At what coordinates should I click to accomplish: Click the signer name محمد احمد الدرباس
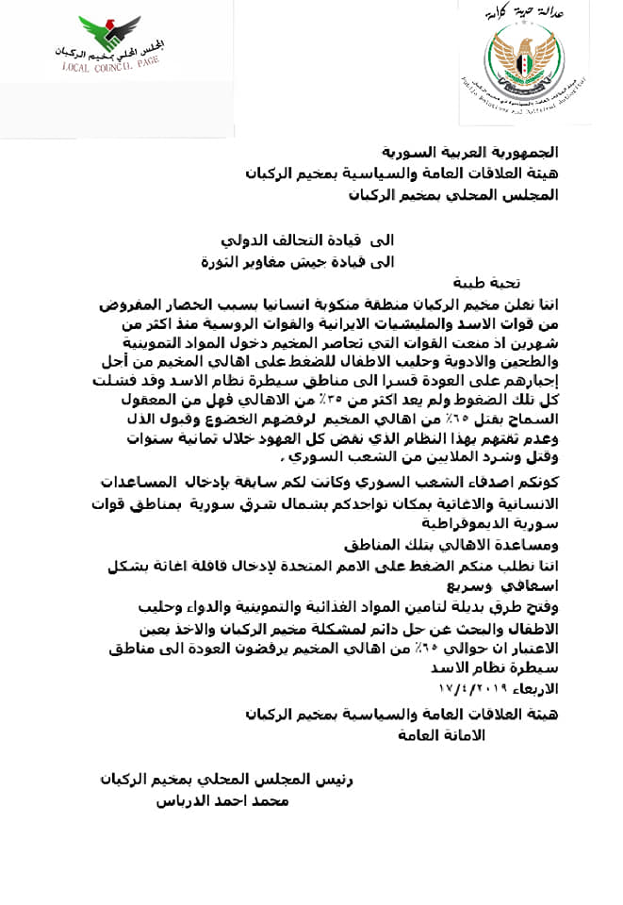pyautogui.click(x=222, y=800)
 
